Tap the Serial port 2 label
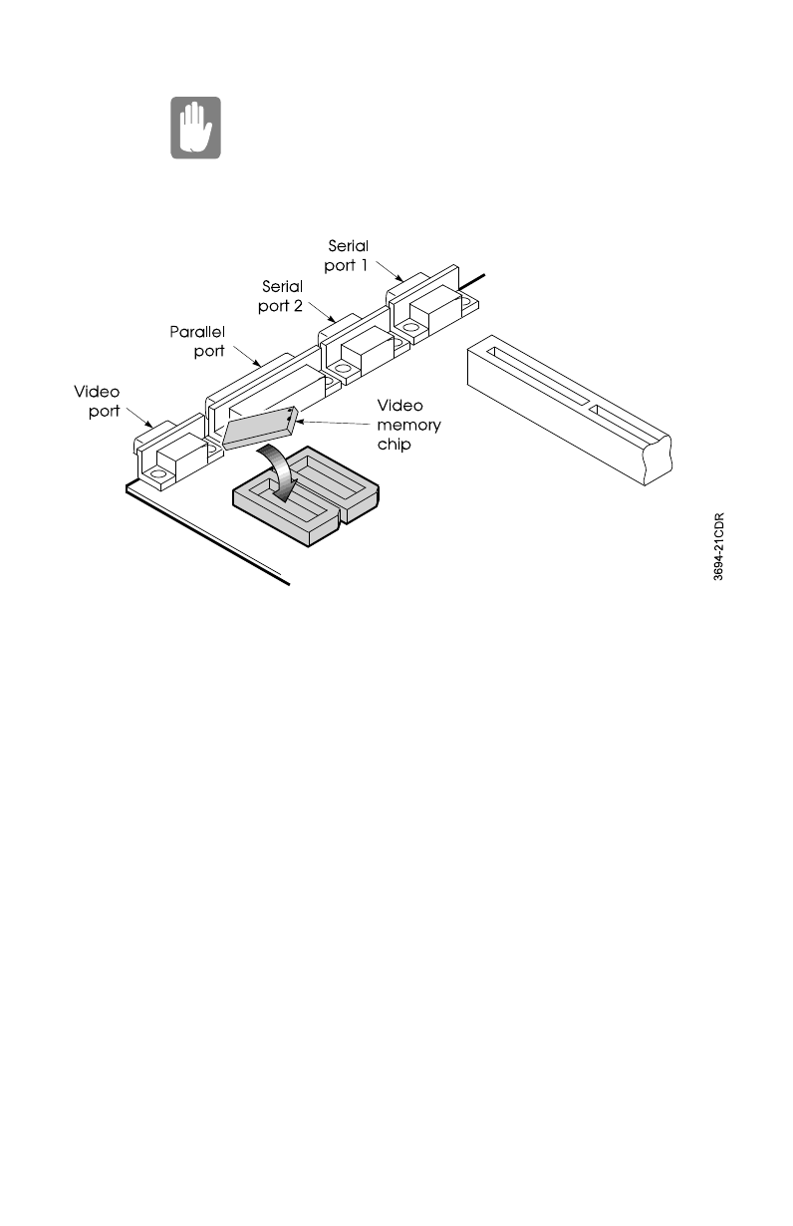click(x=281, y=296)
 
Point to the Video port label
click(x=99, y=401)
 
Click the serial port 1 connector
click(x=423, y=304)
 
